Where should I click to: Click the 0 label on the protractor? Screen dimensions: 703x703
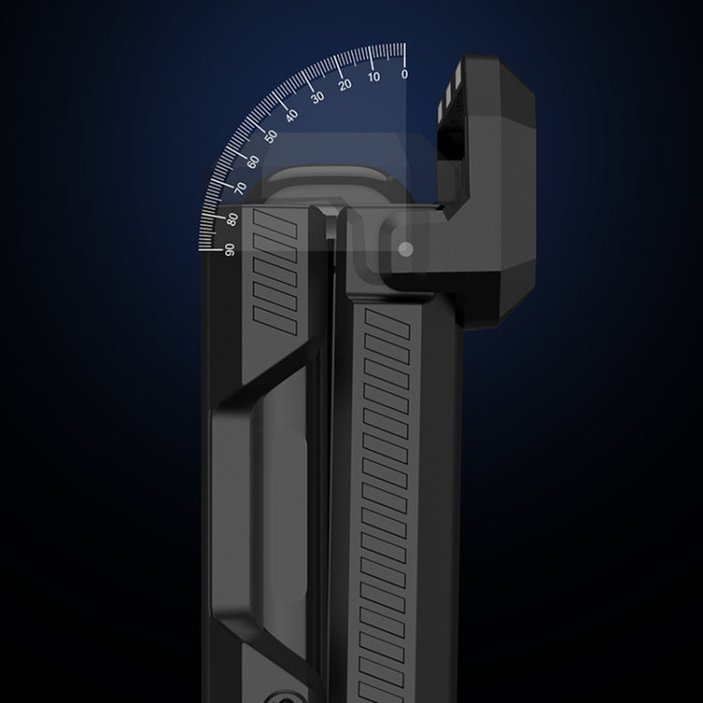coord(404,74)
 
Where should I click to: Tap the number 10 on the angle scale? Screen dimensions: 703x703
coord(373,77)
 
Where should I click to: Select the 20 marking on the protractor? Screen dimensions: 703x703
coord(345,84)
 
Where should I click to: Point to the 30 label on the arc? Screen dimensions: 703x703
coord(318,97)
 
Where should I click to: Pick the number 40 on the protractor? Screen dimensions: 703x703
coord(292,115)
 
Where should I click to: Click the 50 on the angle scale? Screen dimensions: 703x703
coord(271,136)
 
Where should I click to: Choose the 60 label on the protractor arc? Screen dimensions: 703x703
coord(253,162)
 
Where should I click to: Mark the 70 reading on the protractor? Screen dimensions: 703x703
coord(241,187)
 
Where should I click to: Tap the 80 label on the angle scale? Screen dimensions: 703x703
coord(232,219)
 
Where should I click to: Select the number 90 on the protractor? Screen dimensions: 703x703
coord(230,249)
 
